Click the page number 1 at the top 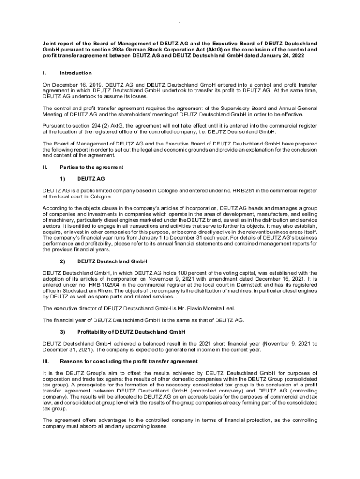click(x=180, y=23)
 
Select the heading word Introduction click(x=76, y=73)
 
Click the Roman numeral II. click(x=45, y=167)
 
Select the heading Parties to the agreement click(x=92, y=167)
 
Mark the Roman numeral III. click(x=45, y=362)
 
